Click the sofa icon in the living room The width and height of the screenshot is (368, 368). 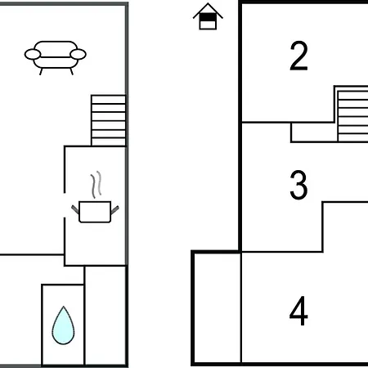[x=56, y=58]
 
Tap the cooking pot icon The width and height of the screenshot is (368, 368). [x=95, y=212]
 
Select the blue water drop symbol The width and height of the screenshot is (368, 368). [x=63, y=325]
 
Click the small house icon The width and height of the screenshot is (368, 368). [x=208, y=16]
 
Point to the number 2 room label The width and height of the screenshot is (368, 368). [x=298, y=56]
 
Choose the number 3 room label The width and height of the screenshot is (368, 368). [x=298, y=185]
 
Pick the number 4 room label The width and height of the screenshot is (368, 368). [x=298, y=311]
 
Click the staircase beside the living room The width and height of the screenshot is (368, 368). [x=109, y=120]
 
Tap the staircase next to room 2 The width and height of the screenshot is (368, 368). [x=352, y=116]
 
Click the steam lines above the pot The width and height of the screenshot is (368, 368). [x=96, y=185]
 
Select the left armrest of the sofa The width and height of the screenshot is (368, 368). [x=33, y=54]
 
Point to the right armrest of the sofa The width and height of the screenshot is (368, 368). [x=78, y=54]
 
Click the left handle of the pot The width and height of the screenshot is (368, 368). [x=75, y=209]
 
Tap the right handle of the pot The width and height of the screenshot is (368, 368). [x=114, y=210]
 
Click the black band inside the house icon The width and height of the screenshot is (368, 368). [x=208, y=17]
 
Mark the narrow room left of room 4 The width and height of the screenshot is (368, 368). [x=218, y=308]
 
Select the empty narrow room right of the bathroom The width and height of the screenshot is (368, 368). [x=105, y=315]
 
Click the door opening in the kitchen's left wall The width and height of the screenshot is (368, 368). [x=65, y=205]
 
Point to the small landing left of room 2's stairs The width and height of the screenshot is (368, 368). [x=314, y=132]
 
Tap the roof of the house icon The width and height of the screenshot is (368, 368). [x=208, y=11]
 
